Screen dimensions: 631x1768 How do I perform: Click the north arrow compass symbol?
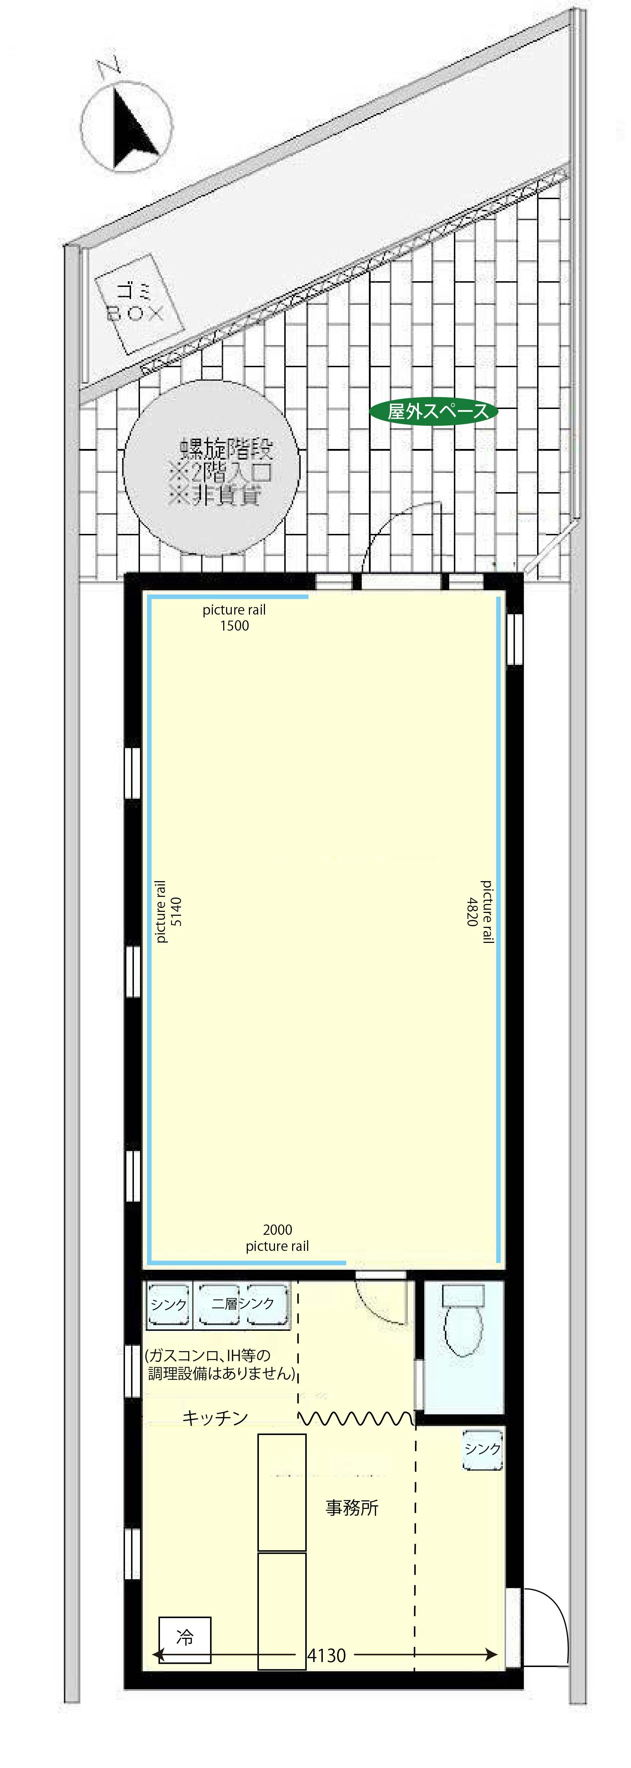127,127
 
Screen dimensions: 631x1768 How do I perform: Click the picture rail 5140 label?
168,911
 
